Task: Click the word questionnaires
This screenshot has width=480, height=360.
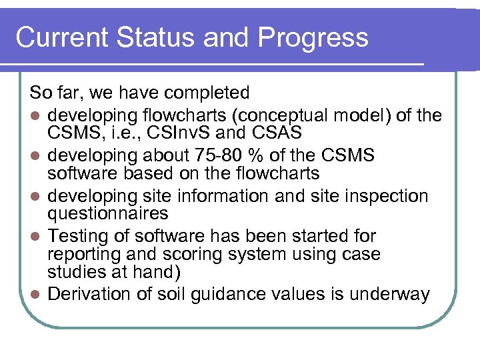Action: coord(107,213)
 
